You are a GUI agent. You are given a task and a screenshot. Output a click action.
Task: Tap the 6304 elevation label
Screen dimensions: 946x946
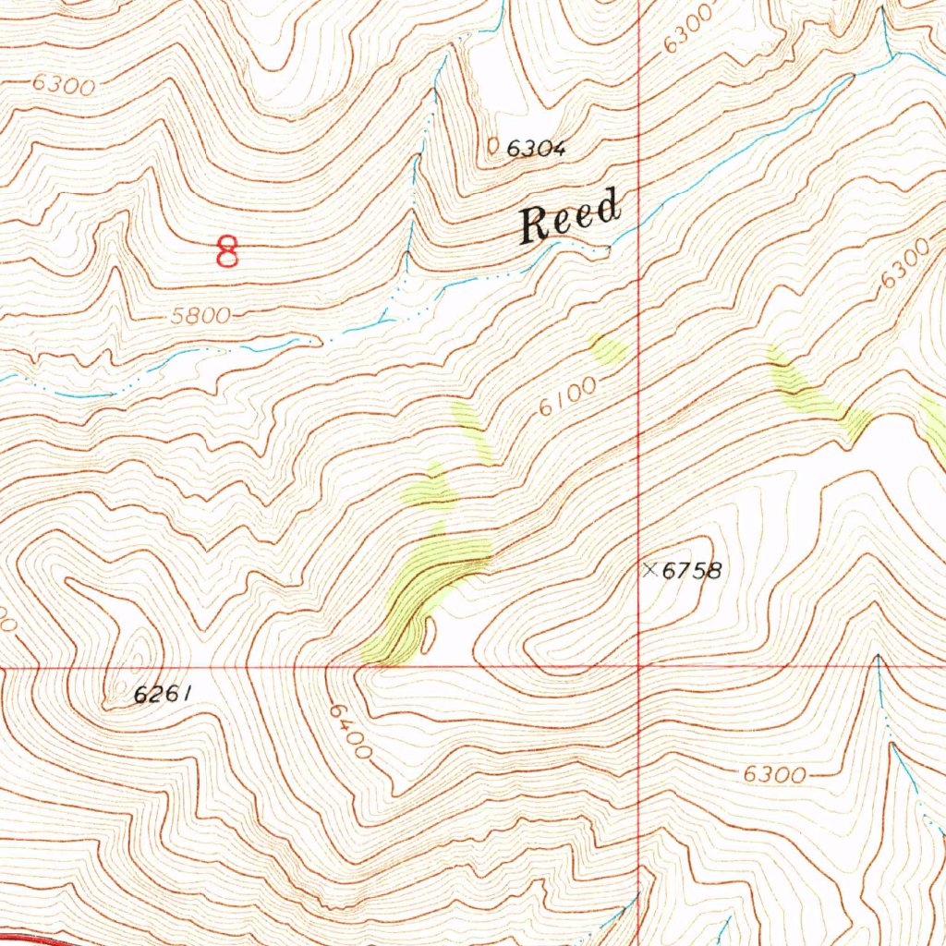pos(535,147)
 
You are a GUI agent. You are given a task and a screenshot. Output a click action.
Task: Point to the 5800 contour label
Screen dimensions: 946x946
pos(200,316)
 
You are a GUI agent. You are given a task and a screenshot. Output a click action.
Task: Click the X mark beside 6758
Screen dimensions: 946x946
pos(650,570)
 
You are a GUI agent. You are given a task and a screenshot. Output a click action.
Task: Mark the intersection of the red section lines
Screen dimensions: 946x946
pos(640,665)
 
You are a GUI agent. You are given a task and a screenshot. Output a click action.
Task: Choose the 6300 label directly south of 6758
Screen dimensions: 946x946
pos(775,774)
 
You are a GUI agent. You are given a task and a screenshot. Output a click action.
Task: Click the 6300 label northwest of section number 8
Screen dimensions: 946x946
pos(63,86)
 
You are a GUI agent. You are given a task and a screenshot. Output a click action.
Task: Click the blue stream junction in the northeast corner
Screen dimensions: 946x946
pos(892,55)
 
